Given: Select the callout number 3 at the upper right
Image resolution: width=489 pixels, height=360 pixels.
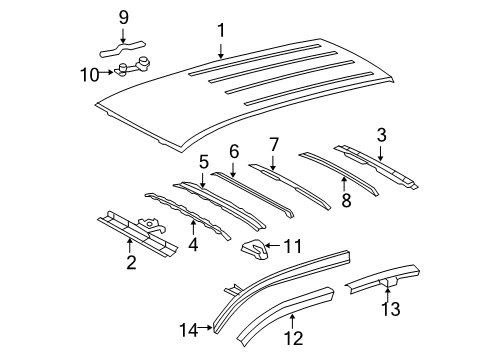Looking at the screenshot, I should click(x=381, y=135).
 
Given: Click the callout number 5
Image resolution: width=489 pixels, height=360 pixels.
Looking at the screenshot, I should click(x=203, y=160).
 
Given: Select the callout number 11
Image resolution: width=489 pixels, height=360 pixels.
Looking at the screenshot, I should click(x=292, y=244).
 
